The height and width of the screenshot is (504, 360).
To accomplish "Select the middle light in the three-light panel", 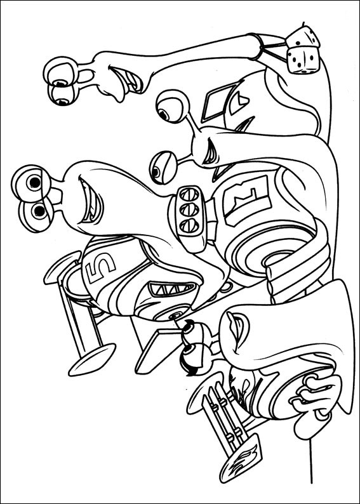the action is point(189,210).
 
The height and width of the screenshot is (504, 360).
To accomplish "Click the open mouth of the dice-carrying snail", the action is point(127,79).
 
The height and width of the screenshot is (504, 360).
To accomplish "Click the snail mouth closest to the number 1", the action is point(212,152).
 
